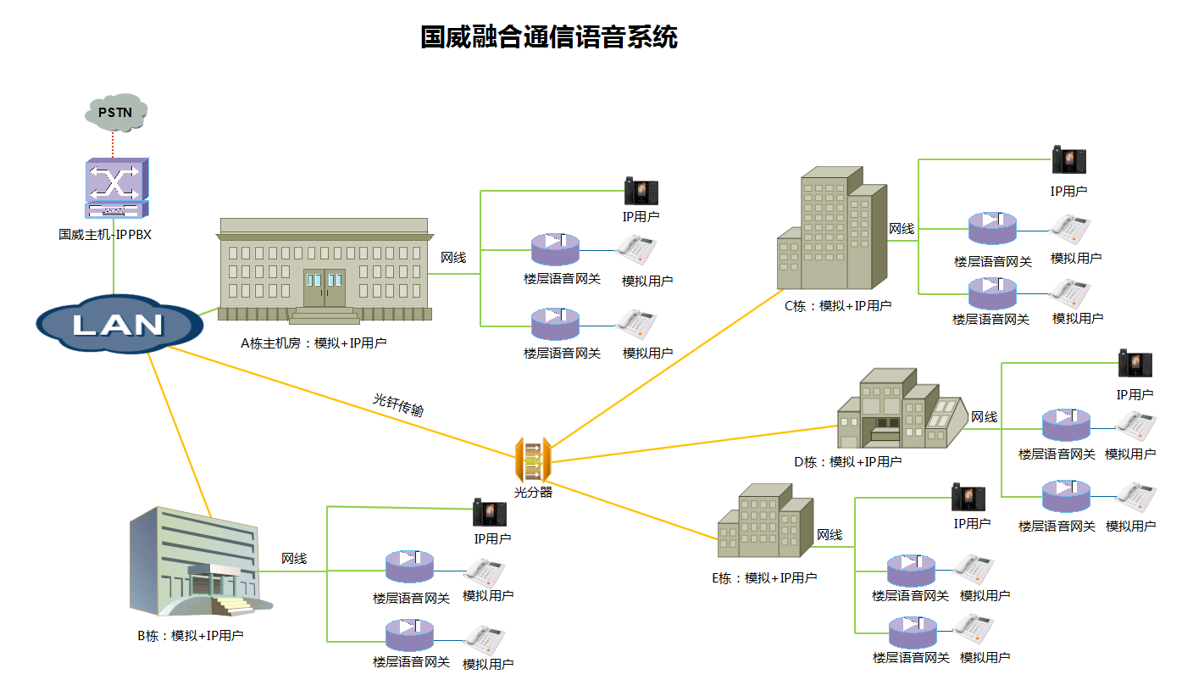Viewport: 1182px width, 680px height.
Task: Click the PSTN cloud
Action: tap(117, 112)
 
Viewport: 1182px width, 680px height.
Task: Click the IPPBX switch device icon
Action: tap(116, 188)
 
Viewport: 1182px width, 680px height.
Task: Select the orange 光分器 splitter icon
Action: tap(533, 460)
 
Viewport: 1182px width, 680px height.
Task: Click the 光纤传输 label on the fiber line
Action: tap(399, 404)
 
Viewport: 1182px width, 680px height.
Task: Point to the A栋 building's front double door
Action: tap(325, 288)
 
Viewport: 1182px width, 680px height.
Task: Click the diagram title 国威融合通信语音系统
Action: tap(549, 37)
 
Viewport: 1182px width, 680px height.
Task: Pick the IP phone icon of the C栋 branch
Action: tap(1068, 160)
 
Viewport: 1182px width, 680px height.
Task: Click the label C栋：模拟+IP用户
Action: tap(838, 306)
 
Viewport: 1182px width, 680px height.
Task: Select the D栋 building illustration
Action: tap(901, 410)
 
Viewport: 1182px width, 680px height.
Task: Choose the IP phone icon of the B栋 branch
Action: tap(489, 513)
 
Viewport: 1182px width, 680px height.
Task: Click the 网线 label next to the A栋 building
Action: tap(453, 257)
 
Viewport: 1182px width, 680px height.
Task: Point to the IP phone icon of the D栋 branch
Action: tap(1135, 364)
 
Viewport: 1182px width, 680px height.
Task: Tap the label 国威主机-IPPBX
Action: tap(105, 235)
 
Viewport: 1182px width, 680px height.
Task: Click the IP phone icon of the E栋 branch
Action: tap(968, 498)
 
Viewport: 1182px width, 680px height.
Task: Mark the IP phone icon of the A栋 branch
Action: tap(641, 192)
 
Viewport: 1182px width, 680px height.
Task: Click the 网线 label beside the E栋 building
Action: tap(830, 535)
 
